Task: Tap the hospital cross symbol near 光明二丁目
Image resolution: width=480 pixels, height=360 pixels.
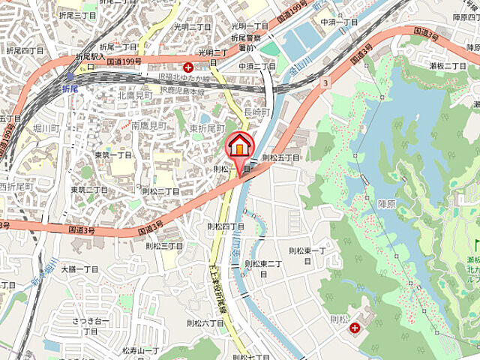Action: [187, 67]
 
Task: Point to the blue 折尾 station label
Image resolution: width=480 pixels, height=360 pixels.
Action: [70, 88]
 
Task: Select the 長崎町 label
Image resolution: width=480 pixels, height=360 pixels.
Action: [256, 112]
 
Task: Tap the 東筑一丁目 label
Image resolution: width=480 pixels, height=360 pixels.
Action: [113, 155]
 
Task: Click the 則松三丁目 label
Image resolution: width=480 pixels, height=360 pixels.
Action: [164, 245]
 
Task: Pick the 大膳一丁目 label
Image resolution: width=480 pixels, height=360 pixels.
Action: [80, 268]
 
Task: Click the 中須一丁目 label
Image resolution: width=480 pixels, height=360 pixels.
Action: [340, 22]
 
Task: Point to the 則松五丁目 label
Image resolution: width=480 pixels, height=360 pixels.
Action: [280, 157]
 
